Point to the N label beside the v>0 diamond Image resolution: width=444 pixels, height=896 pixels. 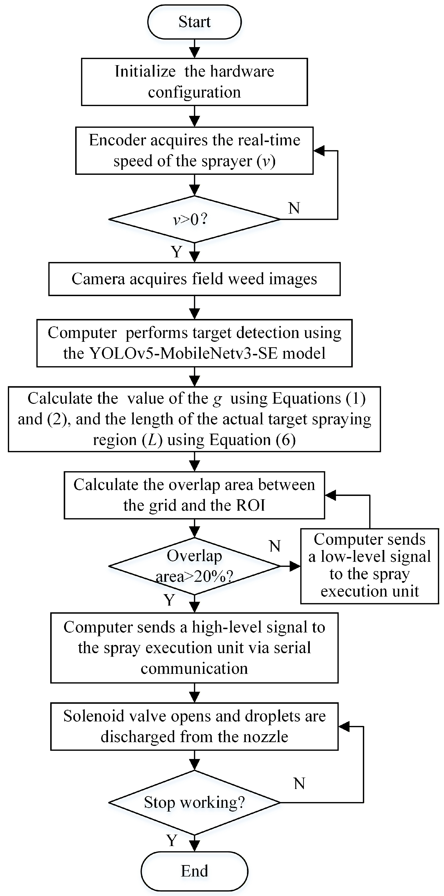294,208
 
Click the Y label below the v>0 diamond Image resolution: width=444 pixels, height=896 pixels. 177,251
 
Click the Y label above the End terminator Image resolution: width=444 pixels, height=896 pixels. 172,841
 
